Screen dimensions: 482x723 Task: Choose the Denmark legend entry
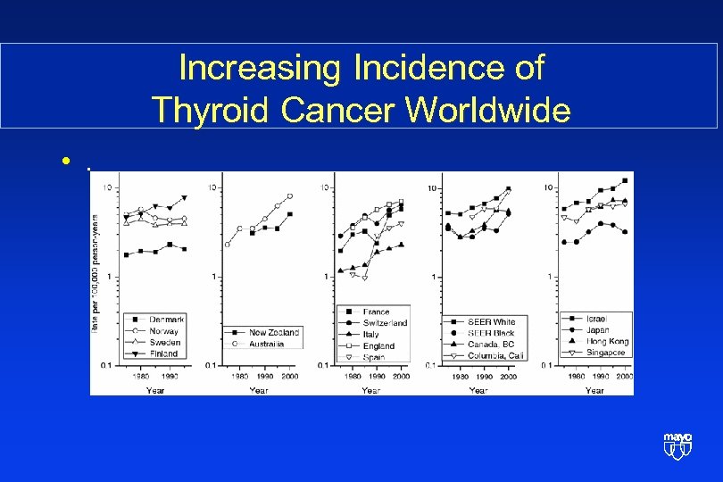[165, 320]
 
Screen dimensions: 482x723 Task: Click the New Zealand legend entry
[274, 332]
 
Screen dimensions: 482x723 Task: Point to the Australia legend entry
[268, 343]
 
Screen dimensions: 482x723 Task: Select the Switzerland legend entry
[385, 323]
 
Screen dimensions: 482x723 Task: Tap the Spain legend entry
[374, 357]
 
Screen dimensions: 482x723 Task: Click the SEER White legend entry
[491, 321]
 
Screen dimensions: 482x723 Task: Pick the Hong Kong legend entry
[607, 341]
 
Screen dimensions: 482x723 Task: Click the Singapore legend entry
[607, 353]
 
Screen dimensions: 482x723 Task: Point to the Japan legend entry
[598, 330]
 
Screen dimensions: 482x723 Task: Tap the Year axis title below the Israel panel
[594, 390]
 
